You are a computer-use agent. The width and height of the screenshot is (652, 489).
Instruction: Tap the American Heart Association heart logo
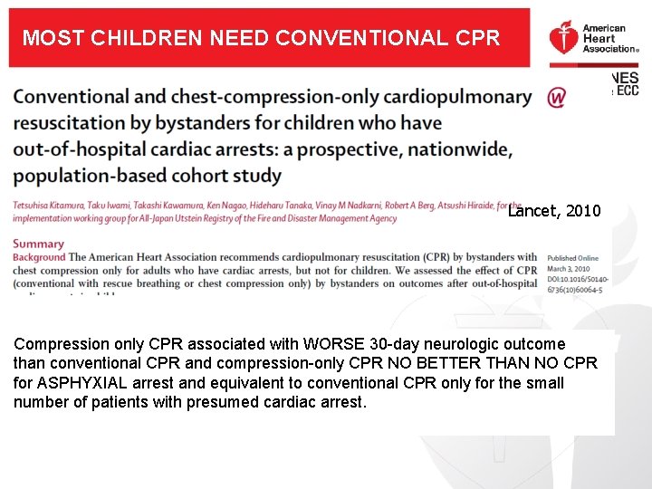[563, 41]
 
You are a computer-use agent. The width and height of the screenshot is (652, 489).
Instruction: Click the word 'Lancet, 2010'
[554, 211]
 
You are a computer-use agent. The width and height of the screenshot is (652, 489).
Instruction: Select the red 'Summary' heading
[38, 244]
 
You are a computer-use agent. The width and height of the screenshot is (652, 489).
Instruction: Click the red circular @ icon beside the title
[558, 97]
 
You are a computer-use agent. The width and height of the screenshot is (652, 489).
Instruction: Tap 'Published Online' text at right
[573, 258]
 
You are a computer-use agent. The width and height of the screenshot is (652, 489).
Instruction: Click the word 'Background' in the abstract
[39, 257]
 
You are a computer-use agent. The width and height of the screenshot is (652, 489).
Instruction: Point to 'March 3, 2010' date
[568, 269]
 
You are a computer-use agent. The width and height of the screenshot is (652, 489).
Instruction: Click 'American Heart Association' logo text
[604, 39]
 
